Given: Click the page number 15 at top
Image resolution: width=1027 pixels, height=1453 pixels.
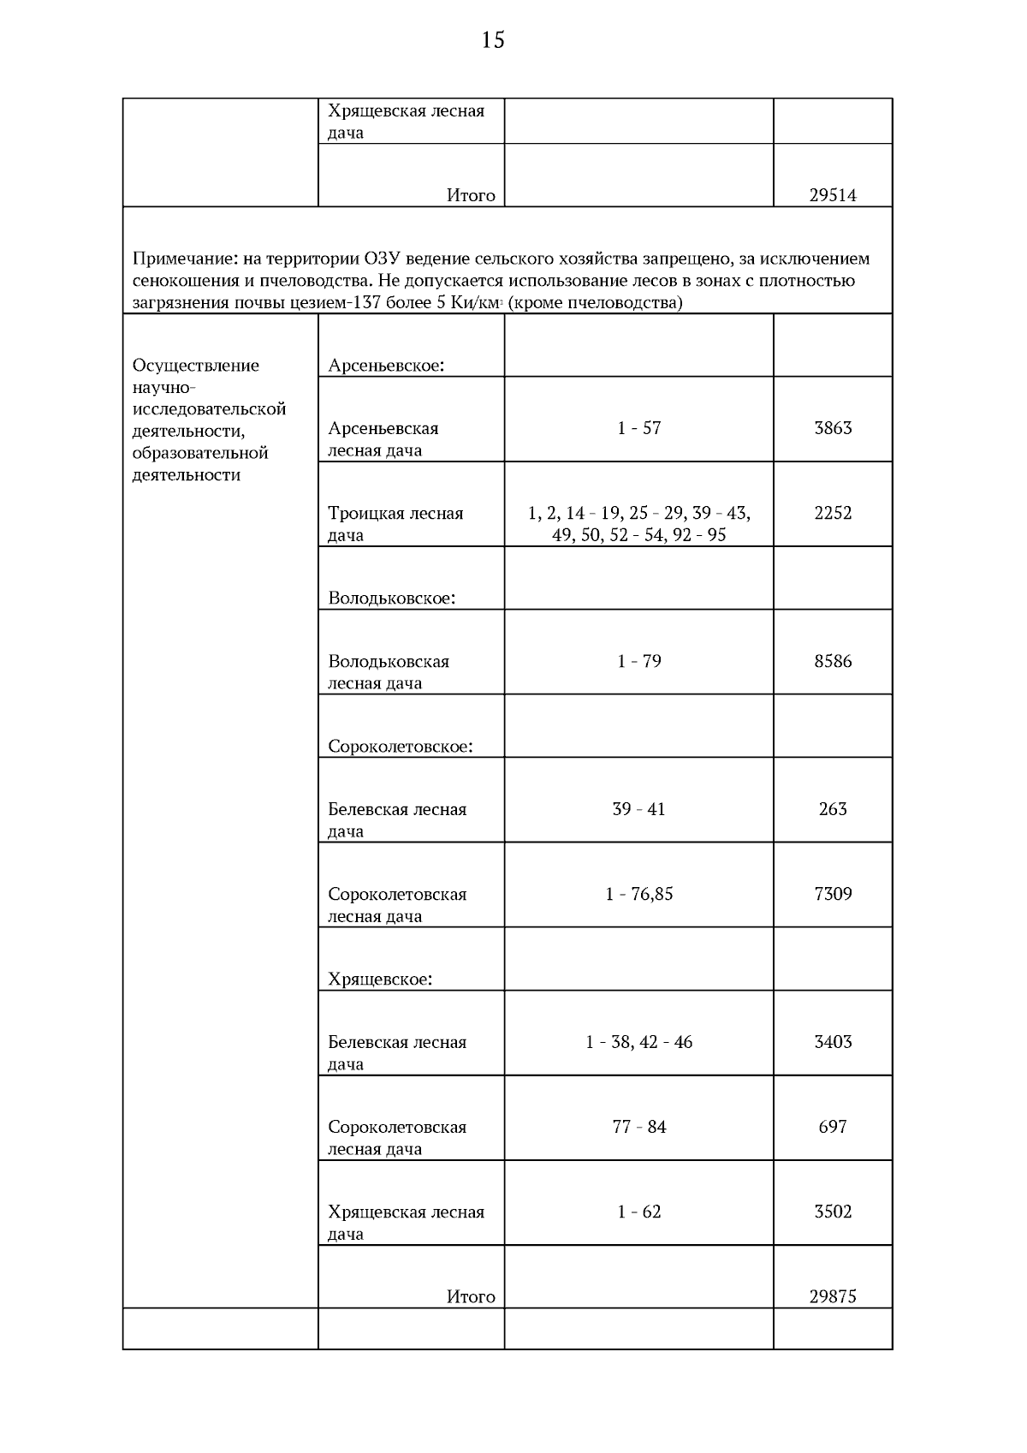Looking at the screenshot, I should click(x=493, y=39).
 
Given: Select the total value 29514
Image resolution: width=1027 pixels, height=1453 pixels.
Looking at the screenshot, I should click(x=832, y=195).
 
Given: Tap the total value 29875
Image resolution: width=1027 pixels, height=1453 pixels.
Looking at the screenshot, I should click(x=832, y=1296).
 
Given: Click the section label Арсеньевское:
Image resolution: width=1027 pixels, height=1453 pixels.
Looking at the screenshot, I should click(x=386, y=366).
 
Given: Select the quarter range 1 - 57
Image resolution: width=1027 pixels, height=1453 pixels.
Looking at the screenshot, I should click(x=638, y=428).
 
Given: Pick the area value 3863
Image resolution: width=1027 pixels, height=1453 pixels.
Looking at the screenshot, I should click(x=832, y=428).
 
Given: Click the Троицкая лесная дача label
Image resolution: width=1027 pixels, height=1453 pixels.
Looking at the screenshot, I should click(x=395, y=523).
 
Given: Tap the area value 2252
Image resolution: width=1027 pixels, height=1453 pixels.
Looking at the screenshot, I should click(x=832, y=513).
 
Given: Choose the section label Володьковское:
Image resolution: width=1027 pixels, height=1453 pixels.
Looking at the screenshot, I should click(x=391, y=598).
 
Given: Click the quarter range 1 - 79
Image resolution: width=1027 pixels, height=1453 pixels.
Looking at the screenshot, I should click(x=638, y=661).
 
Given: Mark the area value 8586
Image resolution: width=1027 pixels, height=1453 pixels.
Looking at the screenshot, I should click(x=832, y=661).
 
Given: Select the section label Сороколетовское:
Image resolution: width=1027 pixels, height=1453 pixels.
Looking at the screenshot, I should click(x=401, y=747).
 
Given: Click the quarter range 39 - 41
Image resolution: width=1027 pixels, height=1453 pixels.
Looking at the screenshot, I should click(x=638, y=809).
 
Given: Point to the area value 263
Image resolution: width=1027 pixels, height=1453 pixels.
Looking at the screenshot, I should click(x=832, y=809).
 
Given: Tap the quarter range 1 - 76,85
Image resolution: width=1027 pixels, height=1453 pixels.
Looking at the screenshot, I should click(x=638, y=894).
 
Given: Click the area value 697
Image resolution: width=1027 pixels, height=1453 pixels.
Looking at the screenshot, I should click(x=832, y=1127).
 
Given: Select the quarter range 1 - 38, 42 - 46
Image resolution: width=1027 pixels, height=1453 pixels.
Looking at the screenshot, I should click(x=638, y=1042).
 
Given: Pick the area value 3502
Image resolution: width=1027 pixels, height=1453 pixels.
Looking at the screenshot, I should click(x=832, y=1212).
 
